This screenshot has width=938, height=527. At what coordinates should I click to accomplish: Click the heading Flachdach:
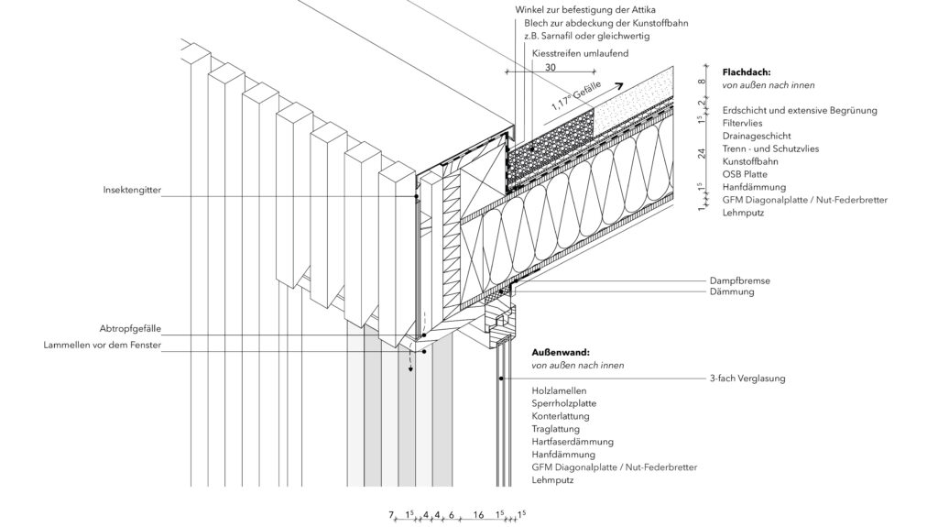(x=747, y=71)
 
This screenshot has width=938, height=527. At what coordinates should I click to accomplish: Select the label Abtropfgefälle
(x=130, y=328)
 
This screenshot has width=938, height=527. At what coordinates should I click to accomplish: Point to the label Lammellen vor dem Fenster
(x=103, y=346)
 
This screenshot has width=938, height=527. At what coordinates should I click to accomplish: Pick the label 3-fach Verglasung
(x=747, y=378)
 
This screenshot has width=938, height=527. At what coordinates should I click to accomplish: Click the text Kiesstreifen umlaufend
(x=581, y=54)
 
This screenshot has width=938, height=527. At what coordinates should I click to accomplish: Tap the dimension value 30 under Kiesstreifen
(x=550, y=67)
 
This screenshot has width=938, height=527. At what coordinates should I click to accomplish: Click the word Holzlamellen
(x=559, y=390)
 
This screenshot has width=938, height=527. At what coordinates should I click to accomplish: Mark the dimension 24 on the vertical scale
(x=701, y=155)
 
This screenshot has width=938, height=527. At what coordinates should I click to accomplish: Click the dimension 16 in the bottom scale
(x=478, y=516)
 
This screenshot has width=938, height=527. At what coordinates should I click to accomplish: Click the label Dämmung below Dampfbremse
(x=732, y=291)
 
